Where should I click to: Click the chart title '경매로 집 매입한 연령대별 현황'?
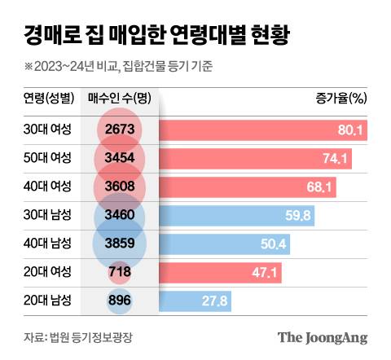[x=154, y=36]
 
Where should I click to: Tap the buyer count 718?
[x=120, y=273]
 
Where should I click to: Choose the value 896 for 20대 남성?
[x=120, y=301]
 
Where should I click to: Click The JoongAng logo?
[x=323, y=337]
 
